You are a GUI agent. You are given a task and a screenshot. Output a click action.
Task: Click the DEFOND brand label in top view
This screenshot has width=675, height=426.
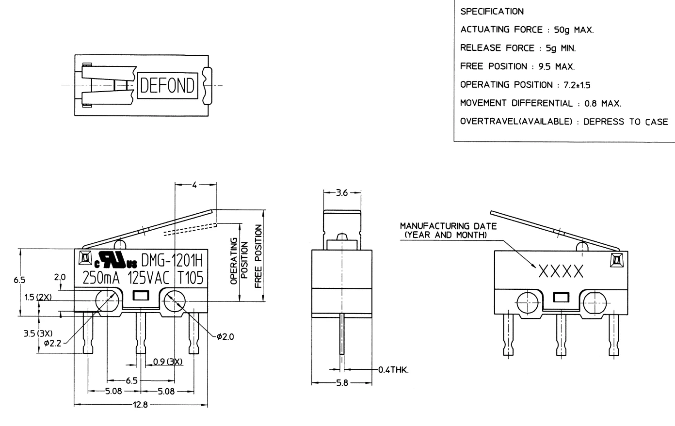[167, 86]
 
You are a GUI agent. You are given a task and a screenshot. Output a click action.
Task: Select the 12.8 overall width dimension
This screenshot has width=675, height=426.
[141, 406]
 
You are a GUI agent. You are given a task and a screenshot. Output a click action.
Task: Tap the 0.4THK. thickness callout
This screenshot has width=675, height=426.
[393, 370]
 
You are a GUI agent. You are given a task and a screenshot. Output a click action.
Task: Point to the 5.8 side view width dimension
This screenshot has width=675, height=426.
[342, 383]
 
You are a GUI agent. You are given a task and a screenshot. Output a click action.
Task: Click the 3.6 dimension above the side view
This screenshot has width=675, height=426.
[342, 192]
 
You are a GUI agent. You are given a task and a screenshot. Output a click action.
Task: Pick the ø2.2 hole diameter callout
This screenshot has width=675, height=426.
[53, 344]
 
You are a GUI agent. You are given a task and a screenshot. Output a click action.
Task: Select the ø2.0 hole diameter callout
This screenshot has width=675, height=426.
[225, 336]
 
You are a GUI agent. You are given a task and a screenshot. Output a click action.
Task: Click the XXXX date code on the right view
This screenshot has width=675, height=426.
[560, 272]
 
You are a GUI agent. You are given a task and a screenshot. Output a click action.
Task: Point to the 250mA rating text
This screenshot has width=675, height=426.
[100, 278]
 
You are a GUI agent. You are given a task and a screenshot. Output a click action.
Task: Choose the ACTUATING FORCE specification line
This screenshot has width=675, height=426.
[527, 30]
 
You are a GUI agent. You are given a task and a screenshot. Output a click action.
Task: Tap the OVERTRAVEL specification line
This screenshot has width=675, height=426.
[563, 122]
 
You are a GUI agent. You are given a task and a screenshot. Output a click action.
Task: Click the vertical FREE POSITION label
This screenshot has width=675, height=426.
[257, 255]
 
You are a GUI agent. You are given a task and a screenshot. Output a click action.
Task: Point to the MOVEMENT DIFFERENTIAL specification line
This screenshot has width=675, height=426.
[540, 103]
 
